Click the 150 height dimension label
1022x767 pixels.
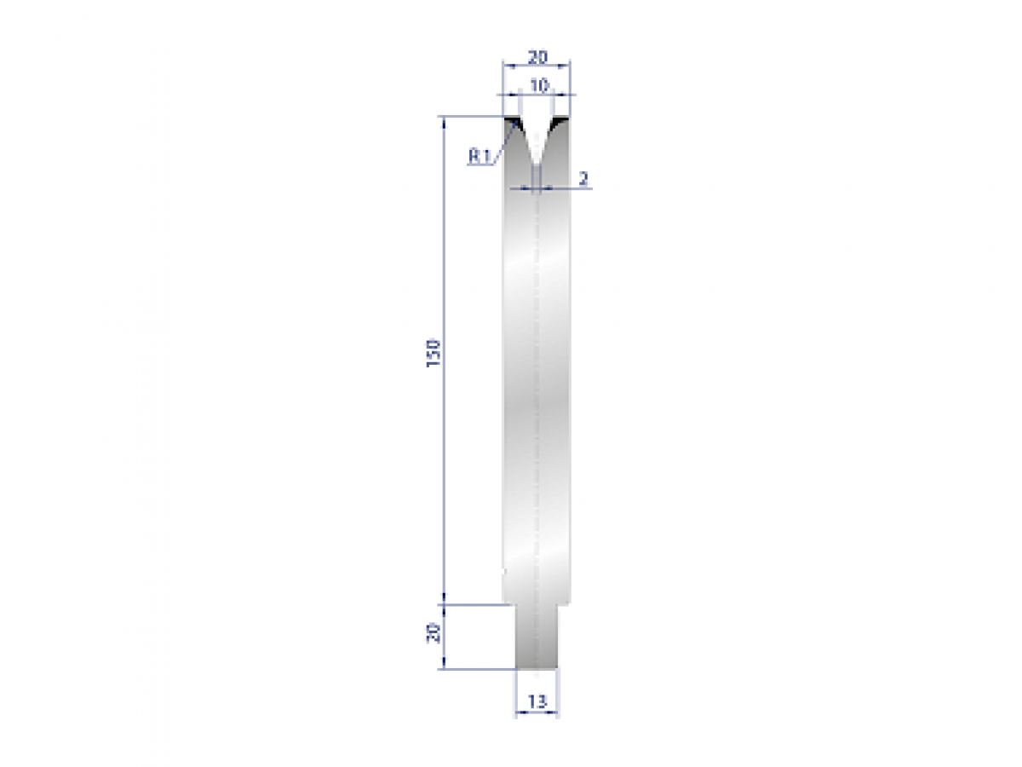point(433,353)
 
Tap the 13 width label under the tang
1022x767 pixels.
point(537,701)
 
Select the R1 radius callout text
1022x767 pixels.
point(479,156)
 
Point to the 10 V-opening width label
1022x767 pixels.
point(537,85)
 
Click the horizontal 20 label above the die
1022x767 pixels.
point(537,57)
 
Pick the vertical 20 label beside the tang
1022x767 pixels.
point(433,633)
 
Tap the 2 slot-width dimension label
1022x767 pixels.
point(583,179)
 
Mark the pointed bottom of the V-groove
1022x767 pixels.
point(537,164)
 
